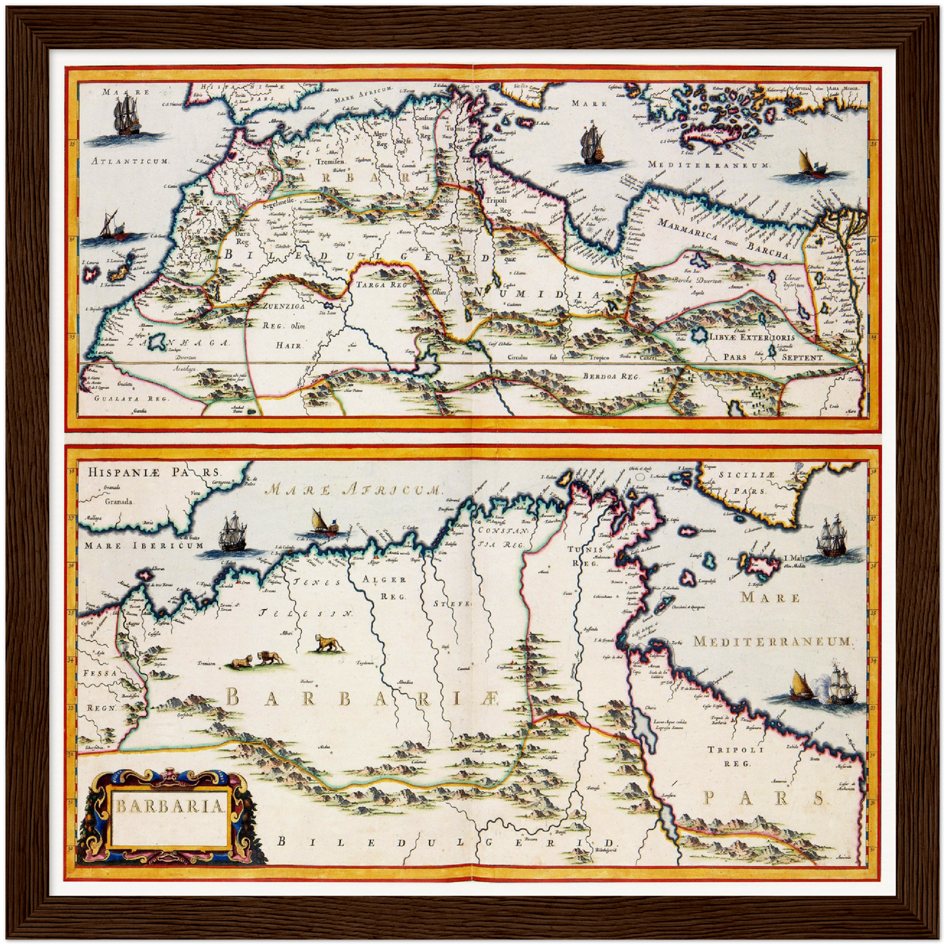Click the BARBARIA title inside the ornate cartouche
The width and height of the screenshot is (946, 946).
[x=170, y=805]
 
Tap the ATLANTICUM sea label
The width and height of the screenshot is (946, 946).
[x=130, y=161]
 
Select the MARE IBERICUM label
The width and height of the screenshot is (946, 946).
[x=144, y=545]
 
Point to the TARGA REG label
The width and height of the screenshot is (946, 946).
[x=381, y=285]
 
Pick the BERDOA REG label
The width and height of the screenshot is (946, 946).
[x=610, y=377]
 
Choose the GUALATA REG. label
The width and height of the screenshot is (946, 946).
[x=131, y=398]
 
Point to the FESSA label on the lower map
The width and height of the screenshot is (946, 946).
[x=100, y=673]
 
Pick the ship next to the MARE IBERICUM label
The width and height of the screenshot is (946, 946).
[x=232, y=533]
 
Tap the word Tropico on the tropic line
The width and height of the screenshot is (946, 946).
[x=598, y=357]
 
